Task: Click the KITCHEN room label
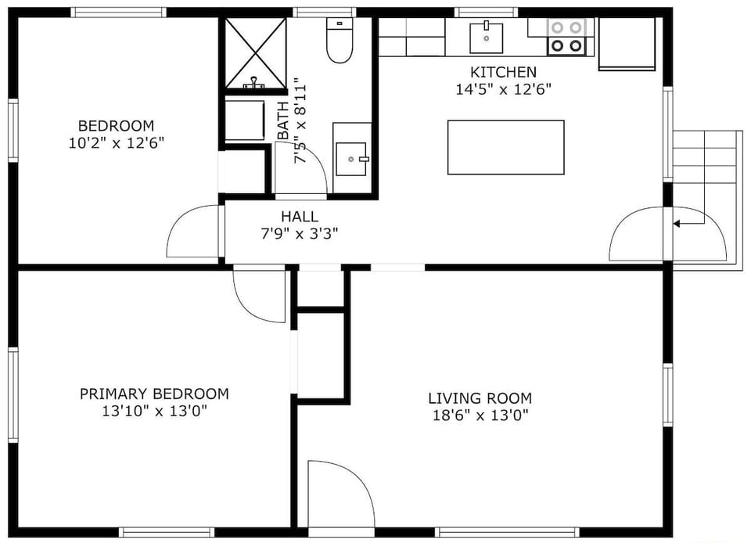503,72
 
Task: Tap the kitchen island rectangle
505,147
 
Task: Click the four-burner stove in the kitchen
567,36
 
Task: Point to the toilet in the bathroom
340,44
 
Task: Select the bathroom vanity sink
351,159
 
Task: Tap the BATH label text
282,121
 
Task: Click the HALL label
300,217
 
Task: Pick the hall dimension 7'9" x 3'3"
300,232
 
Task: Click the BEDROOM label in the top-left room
116,126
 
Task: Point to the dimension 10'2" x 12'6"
116,142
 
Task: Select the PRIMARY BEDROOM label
154,394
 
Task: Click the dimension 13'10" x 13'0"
154,410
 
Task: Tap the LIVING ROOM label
480,398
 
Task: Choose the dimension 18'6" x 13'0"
480,415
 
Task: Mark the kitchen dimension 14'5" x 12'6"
503,89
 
